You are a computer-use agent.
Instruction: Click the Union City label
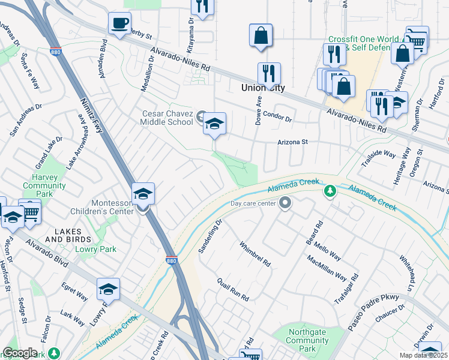click(262, 88)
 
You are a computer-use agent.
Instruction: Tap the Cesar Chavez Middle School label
click(167, 118)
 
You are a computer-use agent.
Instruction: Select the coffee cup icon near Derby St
click(119, 23)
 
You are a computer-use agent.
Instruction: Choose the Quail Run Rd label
click(233, 290)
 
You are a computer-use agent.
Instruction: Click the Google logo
click(20, 353)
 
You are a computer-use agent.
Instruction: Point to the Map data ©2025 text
click(423, 355)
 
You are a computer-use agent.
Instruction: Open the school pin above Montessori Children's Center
click(143, 194)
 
